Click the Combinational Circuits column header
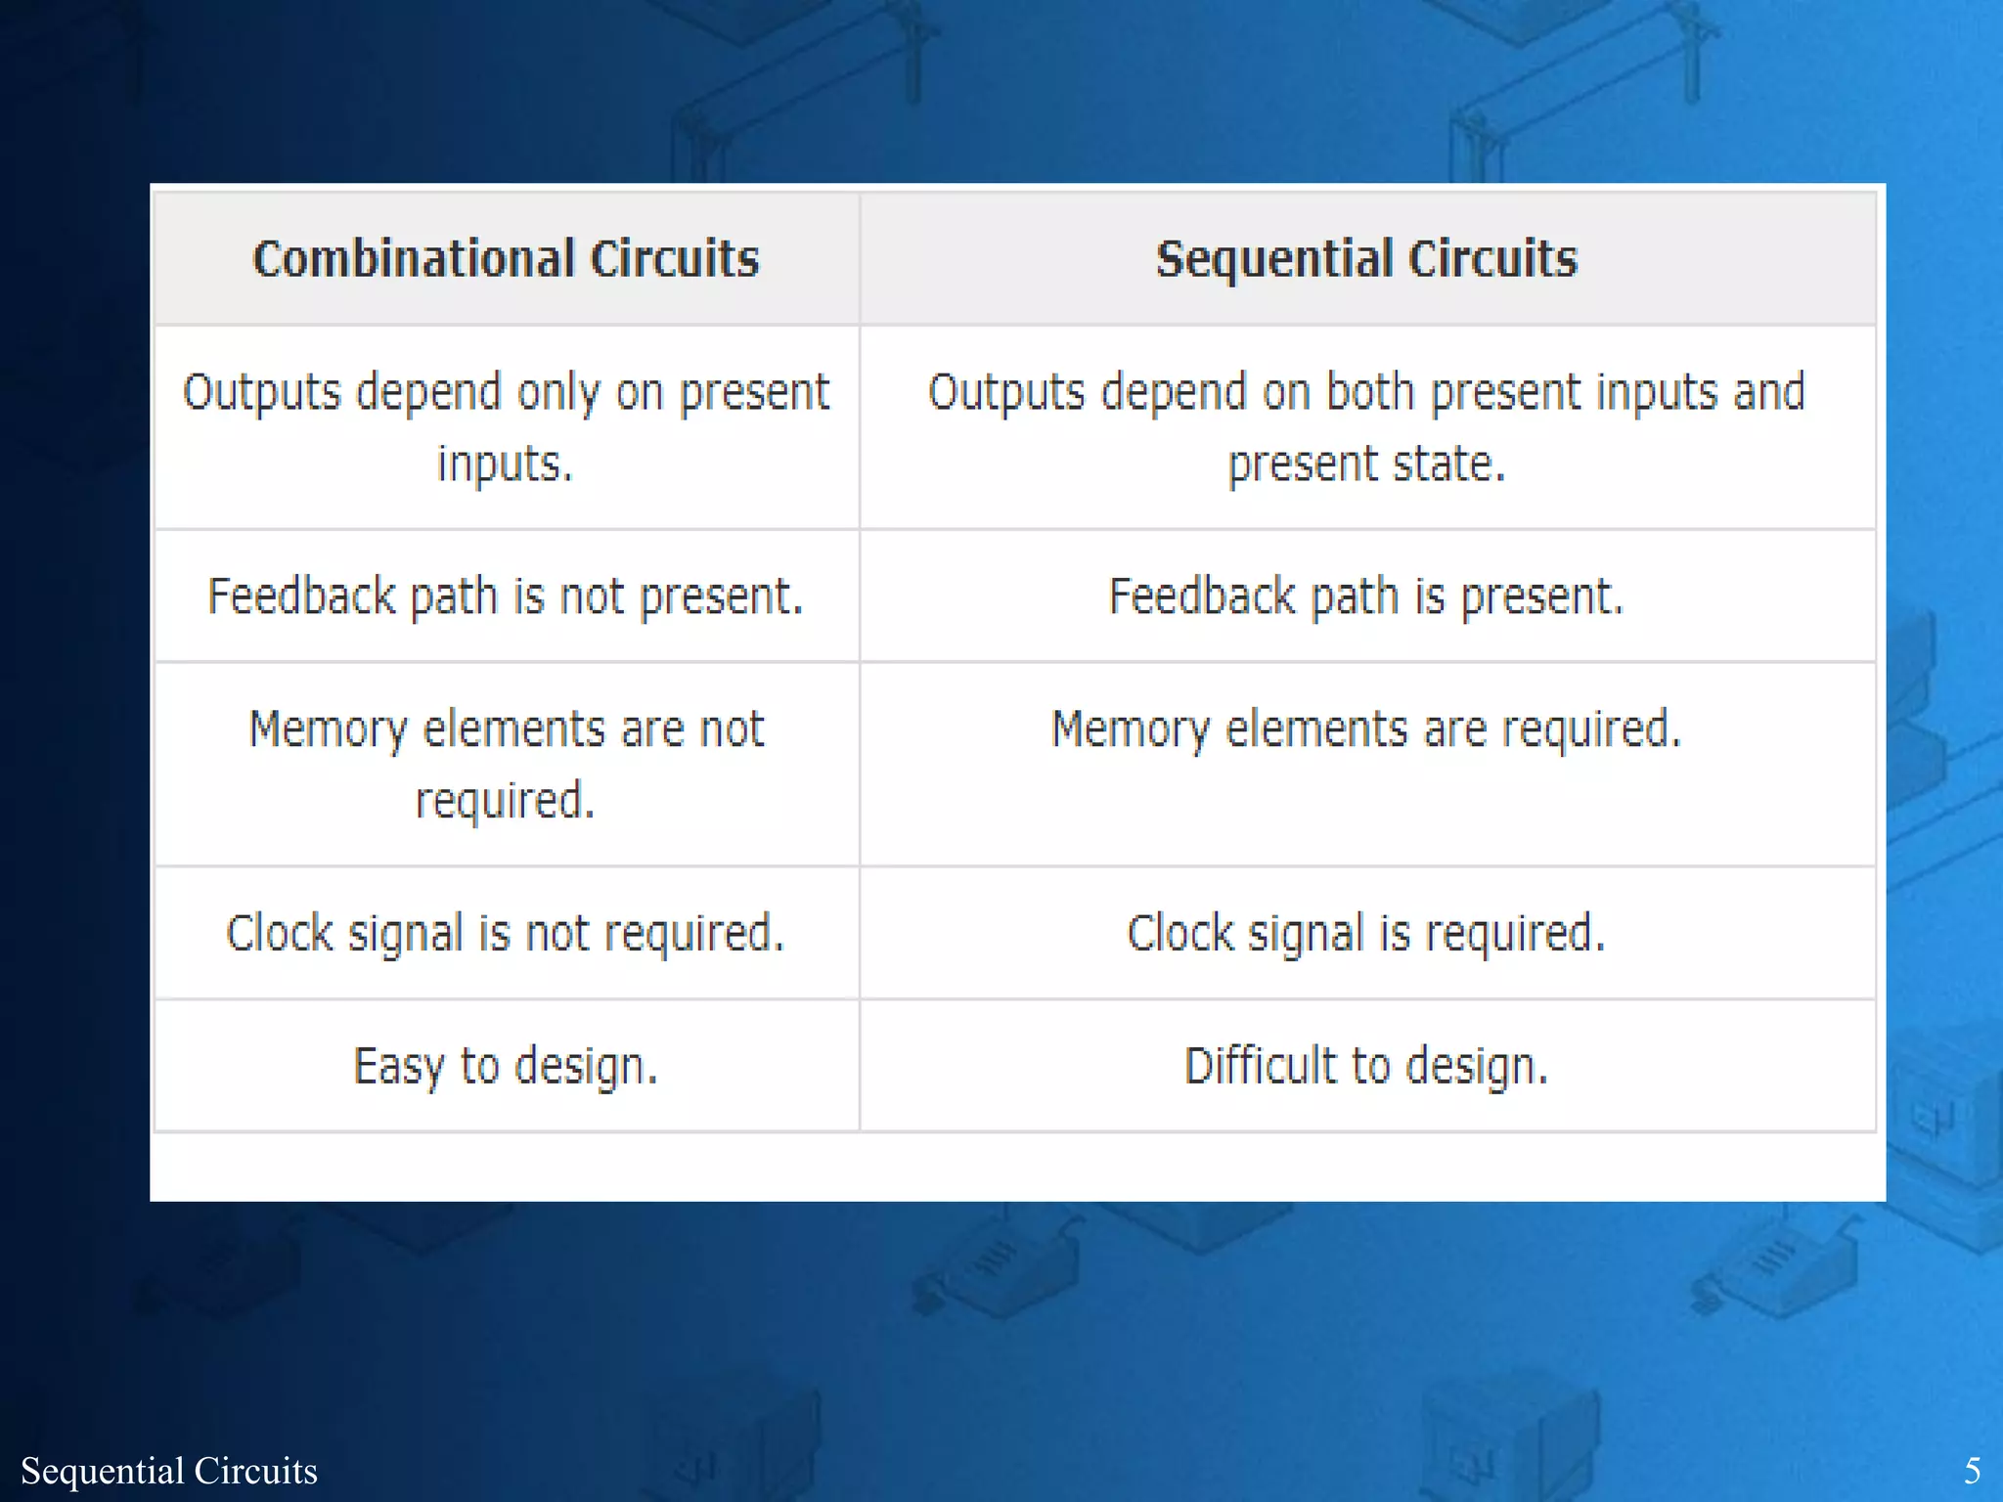[x=506, y=259]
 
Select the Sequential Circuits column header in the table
[x=1366, y=259]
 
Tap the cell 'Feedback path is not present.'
[x=506, y=596]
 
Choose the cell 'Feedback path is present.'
[x=1366, y=596]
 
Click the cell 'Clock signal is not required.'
[x=506, y=934]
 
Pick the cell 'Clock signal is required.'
[x=1366, y=934]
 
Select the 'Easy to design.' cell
[x=506, y=1066]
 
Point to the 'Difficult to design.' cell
[x=1366, y=1066]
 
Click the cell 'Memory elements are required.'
[x=1366, y=730]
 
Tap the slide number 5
[x=1973, y=1471]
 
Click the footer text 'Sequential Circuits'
[x=169, y=1471]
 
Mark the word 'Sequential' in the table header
[x=1273, y=259]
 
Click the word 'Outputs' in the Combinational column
[x=261, y=393]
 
